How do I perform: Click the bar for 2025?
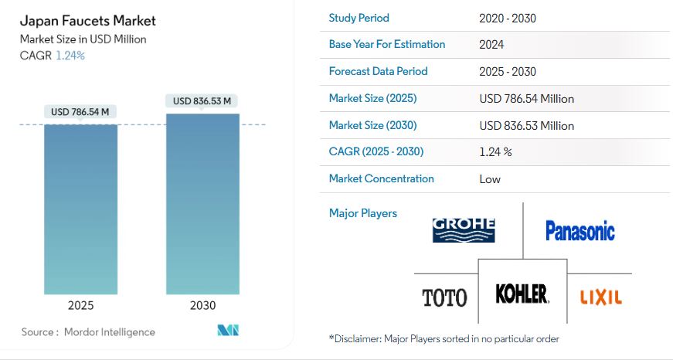(80, 209)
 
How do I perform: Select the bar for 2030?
(202, 204)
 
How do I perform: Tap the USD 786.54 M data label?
(80, 112)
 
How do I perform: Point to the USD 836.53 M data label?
(202, 101)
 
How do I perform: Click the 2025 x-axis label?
(80, 305)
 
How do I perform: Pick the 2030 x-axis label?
(202, 305)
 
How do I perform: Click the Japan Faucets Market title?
(87, 21)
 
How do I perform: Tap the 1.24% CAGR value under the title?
(70, 56)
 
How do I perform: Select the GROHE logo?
(464, 230)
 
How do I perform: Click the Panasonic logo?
(580, 231)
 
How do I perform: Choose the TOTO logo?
(444, 297)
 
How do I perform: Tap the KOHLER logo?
(522, 294)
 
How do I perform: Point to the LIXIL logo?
(601, 297)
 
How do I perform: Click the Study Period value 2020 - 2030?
(508, 19)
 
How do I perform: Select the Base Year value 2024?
(491, 45)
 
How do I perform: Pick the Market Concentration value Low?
(490, 179)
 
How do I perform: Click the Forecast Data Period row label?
(378, 71)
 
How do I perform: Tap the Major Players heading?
(362, 213)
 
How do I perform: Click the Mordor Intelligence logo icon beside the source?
(228, 330)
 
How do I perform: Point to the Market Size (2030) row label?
(372, 125)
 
